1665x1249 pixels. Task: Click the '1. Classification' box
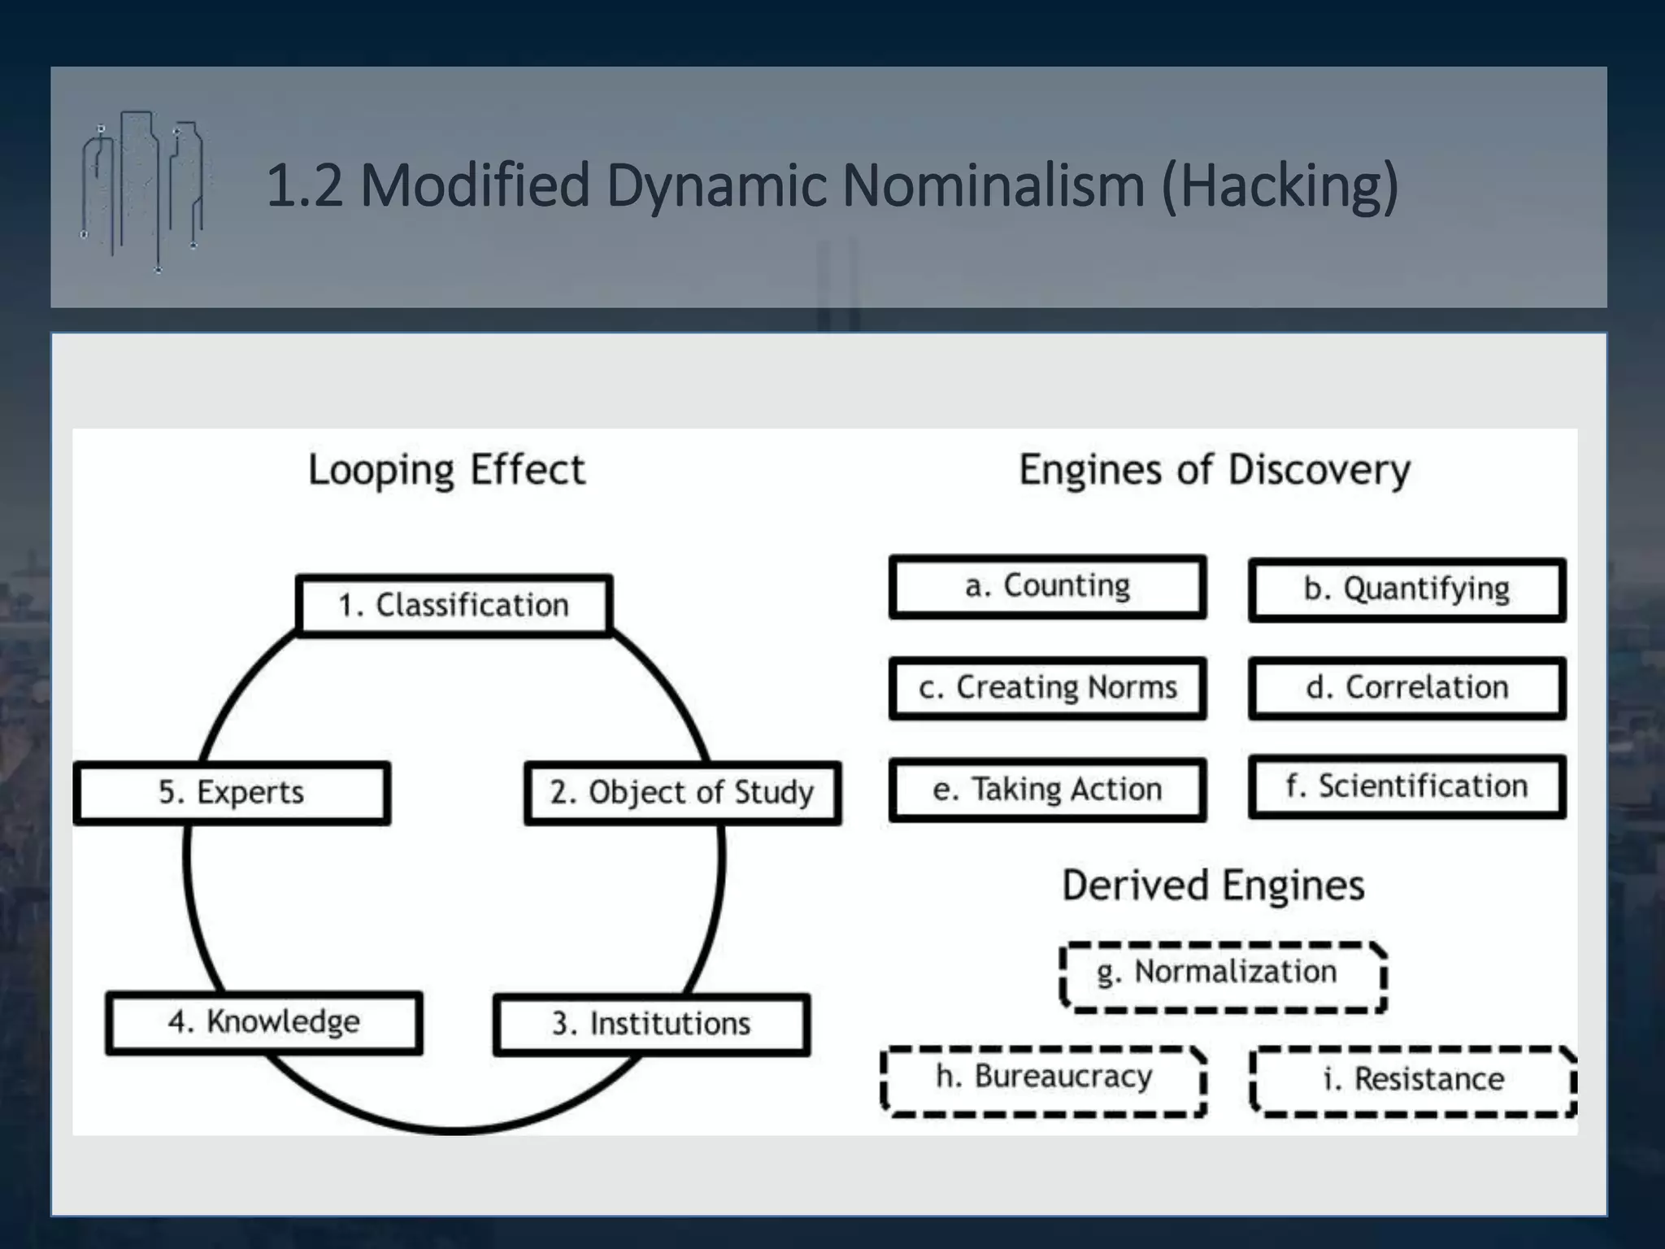[x=454, y=605]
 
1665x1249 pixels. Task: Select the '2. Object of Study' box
[x=682, y=793]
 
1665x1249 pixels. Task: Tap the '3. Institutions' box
[x=651, y=1024]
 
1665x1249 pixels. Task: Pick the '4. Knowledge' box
[x=264, y=1022]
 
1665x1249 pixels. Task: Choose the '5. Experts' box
[x=232, y=793]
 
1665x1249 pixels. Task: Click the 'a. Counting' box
[x=1047, y=586]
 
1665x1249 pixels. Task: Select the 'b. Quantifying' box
[x=1406, y=590]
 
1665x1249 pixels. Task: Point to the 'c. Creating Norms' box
[x=1047, y=688]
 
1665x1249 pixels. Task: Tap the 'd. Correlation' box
[x=1406, y=688]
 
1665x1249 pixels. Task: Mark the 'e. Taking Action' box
[x=1047, y=790]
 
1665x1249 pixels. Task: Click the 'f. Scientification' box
[x=1406, y=786]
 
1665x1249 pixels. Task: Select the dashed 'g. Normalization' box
[x=1223, y=976]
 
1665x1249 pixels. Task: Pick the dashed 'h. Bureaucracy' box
[x=1044, y=1081]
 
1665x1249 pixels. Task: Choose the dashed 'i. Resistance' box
[x=1413, y=1081]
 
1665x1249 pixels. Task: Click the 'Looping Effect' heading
[x=446, y=470]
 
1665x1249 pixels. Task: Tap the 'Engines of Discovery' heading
[x=1215, y=470]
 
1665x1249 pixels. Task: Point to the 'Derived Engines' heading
[x=1213, y=886]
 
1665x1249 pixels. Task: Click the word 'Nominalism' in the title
[x=993, y=185]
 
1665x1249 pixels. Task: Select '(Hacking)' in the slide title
[x=1280, y=187]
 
